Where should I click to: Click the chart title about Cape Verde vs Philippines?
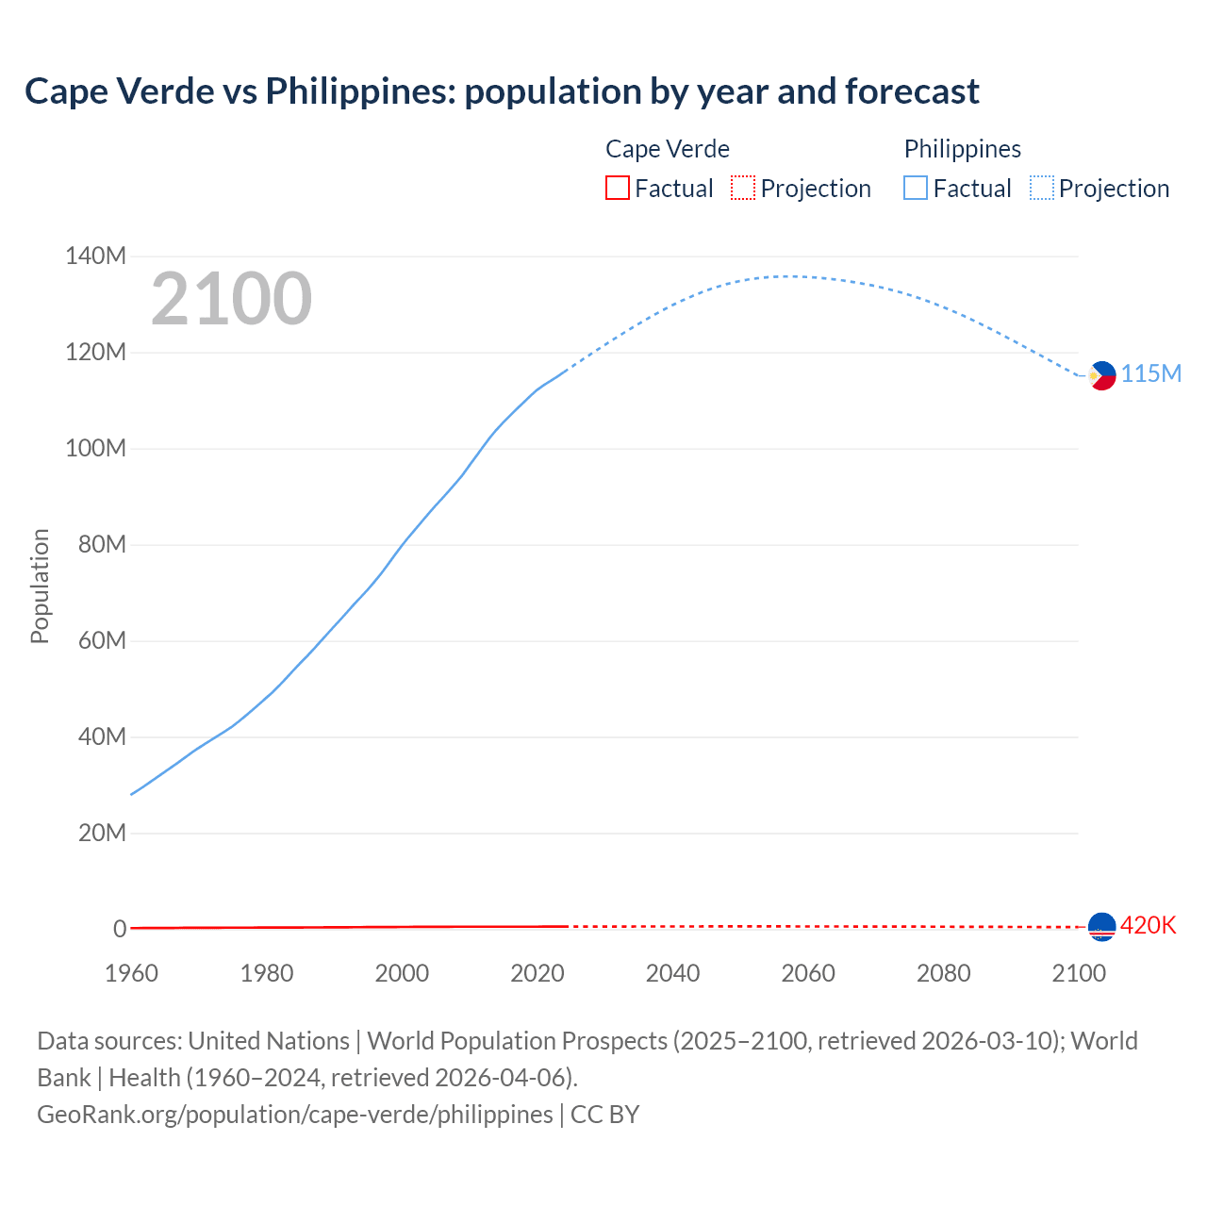pyautogui.click(x=502, y=91)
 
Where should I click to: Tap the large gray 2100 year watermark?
pyautogui.click(x=231, y=299)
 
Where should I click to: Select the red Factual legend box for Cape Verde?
pyautogui.click(x=617, y=189)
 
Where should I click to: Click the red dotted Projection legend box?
pyautogui.click(x=743, y=189)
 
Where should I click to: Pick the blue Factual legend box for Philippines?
pyautogui.click(x=916, y=189)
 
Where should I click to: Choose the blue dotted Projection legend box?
pyautogui.click(x=1042, y=189)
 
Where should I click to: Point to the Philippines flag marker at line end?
pyautogui.click(x=1101, y=375)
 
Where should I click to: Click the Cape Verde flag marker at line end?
pyautogui.click(x=1101, y=927)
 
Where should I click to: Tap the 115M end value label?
pyautogui.click(x=1150, y=374)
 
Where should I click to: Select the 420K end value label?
pyautogui.click(x=1148, y=926)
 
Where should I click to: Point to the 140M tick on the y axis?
pyautogui.click(x=95, y=256)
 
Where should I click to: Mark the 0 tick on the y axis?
pyautogui.click(x=120, y=929)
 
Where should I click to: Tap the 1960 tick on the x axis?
pyautogui.click(x=131, y=973)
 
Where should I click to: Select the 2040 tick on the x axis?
pyautogui.click(x=672, y=973)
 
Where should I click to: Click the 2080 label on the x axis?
pyautogui.click(x=943, y=973)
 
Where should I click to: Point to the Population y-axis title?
pyautogui.click(x=40, y=586)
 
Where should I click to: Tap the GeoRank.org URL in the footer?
pyautogui.click(x=295, y=1115)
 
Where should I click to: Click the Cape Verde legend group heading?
pyautogui.click(x=668, y=149)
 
